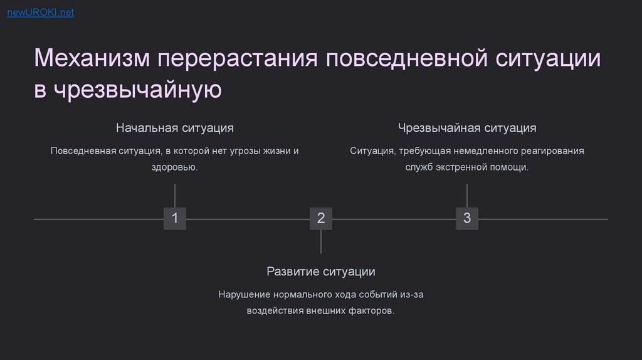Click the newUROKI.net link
[x=40, y=13]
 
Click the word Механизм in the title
[x=91, y=59]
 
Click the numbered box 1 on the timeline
[x=175, y=218]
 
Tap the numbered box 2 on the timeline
[x=321, y=218]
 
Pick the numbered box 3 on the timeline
[x=467, y=218]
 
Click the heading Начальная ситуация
[x=175, y=128]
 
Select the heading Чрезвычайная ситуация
[x=467, y=128]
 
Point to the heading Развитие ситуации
[x=321, y=272]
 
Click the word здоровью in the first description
[x=174, y=167]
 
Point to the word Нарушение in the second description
[x=244, y=294]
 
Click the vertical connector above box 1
[x=175, y=195]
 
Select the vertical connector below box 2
[x=321, y=241]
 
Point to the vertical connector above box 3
[x=467, y=195]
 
